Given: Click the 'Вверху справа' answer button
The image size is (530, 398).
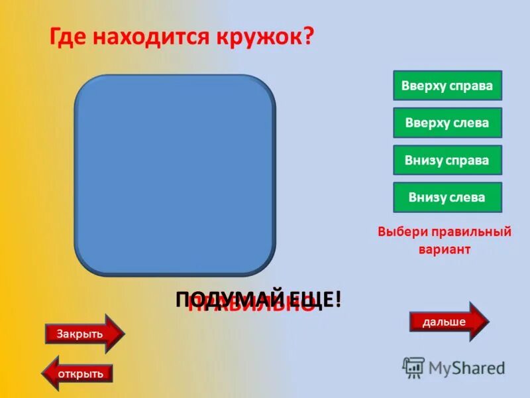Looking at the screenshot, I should [x=447, y=86].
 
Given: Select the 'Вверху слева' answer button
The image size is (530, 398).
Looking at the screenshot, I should [x=447, y=123].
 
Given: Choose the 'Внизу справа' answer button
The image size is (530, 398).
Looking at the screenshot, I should [x=447, y=160].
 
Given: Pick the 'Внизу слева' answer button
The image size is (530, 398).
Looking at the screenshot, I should [x=447, y=197].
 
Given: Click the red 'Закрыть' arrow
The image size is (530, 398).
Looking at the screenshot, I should [x=83, y=334].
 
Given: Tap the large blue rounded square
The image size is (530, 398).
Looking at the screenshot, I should [x=174, y=174].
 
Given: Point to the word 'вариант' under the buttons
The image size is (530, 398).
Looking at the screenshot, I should [x=444, y=250].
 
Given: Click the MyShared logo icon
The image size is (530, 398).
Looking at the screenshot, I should [x=413, y=367].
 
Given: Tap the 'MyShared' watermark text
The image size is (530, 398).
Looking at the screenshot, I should [x=466, y=368].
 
